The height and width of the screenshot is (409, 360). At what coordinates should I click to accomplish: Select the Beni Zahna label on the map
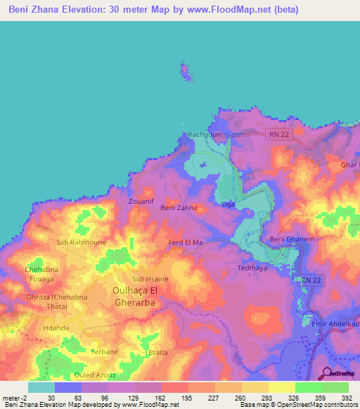179,208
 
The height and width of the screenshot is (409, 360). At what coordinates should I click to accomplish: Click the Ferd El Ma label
186,242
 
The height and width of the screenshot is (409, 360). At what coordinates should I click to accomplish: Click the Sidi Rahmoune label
82,242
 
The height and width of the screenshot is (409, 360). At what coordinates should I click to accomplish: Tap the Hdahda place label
56,327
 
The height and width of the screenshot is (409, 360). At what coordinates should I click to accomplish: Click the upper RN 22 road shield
278,134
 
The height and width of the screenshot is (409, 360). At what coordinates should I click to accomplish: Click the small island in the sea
186,72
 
